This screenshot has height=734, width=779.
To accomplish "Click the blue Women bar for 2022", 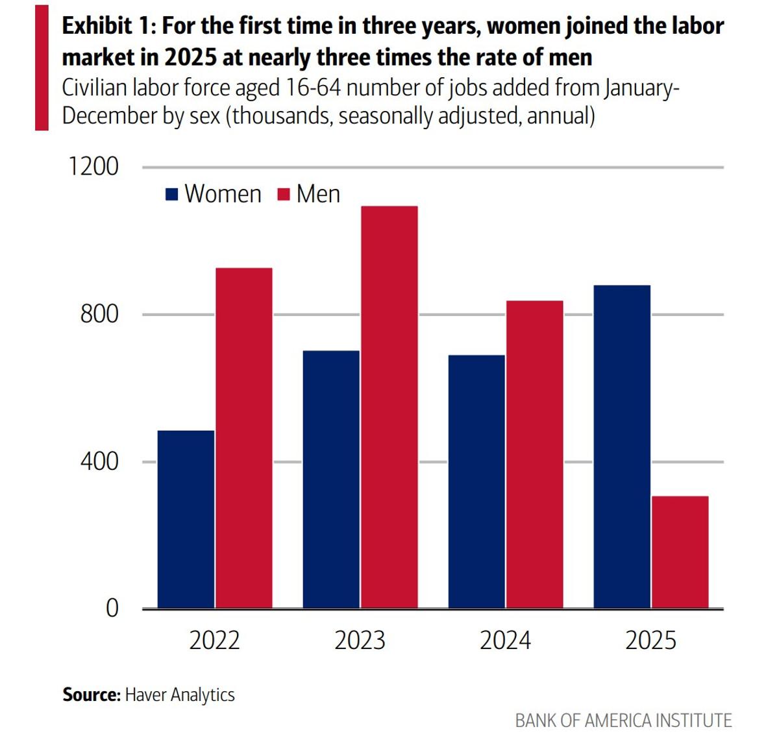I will (x=186, y=519).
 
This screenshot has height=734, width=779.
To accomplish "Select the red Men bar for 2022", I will (x=244, y=438).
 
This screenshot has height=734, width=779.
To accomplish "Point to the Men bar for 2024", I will (x=535, y=454).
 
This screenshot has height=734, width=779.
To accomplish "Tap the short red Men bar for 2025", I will (x=680, y=552).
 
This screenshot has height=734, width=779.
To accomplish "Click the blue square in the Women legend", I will (x=172, y=194).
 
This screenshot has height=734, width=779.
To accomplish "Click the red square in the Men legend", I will (x=283, y=194).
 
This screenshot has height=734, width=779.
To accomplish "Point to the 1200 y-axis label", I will (x=93, y=167).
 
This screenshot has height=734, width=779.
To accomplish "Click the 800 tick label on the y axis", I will (x=99, y=314).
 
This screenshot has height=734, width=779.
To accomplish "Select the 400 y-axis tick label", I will (x=99, y=461).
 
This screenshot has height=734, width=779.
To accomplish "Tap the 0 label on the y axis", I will (x=112, y=609).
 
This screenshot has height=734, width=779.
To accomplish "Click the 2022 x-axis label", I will (x=214, y=641).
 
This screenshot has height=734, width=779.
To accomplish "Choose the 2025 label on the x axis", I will (x=650, y=641).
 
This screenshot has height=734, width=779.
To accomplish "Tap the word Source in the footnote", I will (x=91, y=694).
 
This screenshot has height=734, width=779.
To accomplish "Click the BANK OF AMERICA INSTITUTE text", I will (x=623, y=720).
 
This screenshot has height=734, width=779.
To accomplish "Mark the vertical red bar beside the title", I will (x=42, y=67).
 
